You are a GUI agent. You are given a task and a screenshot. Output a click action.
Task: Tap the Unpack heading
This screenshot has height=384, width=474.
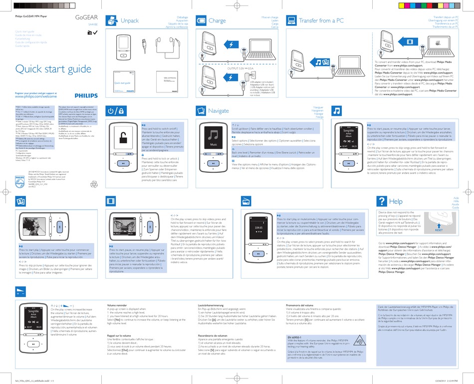point(130,21)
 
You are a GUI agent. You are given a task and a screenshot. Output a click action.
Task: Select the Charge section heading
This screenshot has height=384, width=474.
point(217,21)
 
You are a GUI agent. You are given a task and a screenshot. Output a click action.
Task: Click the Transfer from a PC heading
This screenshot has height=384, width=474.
point(321,21)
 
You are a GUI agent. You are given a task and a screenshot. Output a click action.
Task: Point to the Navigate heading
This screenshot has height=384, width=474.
point(219,110)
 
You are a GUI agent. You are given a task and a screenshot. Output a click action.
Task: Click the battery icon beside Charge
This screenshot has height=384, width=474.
point(200,20)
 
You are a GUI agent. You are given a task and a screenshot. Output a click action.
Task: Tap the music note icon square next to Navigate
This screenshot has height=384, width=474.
point(338,110)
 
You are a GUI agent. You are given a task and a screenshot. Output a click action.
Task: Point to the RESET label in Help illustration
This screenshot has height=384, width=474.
point(439,231)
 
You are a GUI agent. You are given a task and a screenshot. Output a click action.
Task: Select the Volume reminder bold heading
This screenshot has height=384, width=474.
point(117,305)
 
